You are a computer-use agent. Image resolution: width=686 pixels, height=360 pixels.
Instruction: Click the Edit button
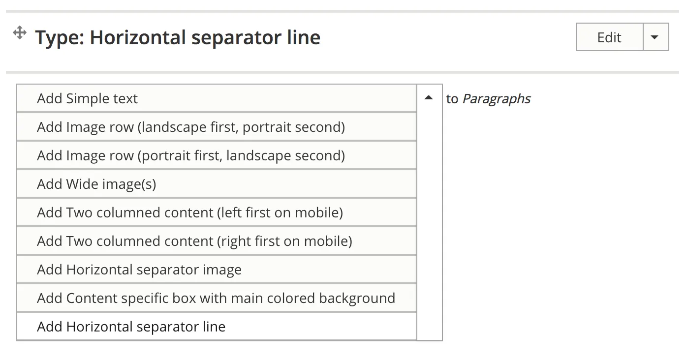609,37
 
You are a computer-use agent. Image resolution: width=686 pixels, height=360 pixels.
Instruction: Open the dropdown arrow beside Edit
655,37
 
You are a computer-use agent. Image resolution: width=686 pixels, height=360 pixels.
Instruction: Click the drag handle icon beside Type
20,33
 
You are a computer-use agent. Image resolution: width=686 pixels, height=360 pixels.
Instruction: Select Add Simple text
217,98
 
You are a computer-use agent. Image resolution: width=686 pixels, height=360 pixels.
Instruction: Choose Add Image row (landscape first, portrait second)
217,127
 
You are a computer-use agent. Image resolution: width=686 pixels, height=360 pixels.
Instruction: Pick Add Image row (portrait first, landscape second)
217,155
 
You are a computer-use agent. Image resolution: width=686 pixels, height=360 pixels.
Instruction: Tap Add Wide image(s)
217,183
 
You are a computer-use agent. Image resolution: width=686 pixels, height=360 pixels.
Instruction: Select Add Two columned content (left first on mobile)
217,212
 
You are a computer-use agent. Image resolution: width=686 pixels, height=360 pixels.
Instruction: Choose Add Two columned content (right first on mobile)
217,240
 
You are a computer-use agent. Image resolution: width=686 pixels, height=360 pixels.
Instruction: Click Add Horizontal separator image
217,269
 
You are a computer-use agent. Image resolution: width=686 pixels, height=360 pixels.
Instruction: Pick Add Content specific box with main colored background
217,298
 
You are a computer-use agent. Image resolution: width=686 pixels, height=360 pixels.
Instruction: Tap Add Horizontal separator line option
217,327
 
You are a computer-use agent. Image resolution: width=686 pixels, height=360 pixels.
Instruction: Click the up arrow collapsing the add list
429,98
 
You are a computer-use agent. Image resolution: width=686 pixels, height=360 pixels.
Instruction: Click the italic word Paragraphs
497,99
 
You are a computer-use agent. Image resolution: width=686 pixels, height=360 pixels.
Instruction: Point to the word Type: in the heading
60,38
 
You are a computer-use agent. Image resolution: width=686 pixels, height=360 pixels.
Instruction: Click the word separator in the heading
236,38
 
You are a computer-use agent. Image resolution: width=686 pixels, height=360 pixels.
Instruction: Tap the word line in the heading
304,37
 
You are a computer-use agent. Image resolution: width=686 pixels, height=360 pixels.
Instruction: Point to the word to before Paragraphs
452,99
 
